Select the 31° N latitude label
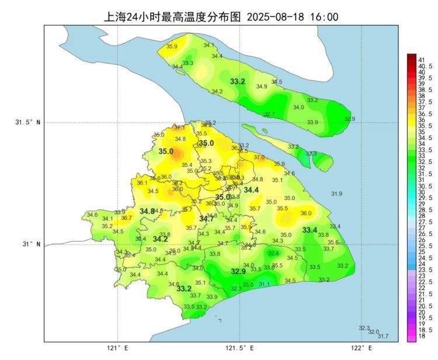click(32, 244)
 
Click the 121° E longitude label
click(117, 348)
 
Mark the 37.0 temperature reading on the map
click(259, 157)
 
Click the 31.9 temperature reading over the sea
click(336, 194)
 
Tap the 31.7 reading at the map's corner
click(383, 336)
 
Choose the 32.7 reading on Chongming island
click(269, 114)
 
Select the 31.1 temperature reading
click(264, 284)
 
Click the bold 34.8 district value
click(147, 211)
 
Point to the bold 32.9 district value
click(238, 271)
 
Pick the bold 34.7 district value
click(206, 219)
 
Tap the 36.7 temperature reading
click(126, 218)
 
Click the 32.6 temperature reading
click(273, 253)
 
